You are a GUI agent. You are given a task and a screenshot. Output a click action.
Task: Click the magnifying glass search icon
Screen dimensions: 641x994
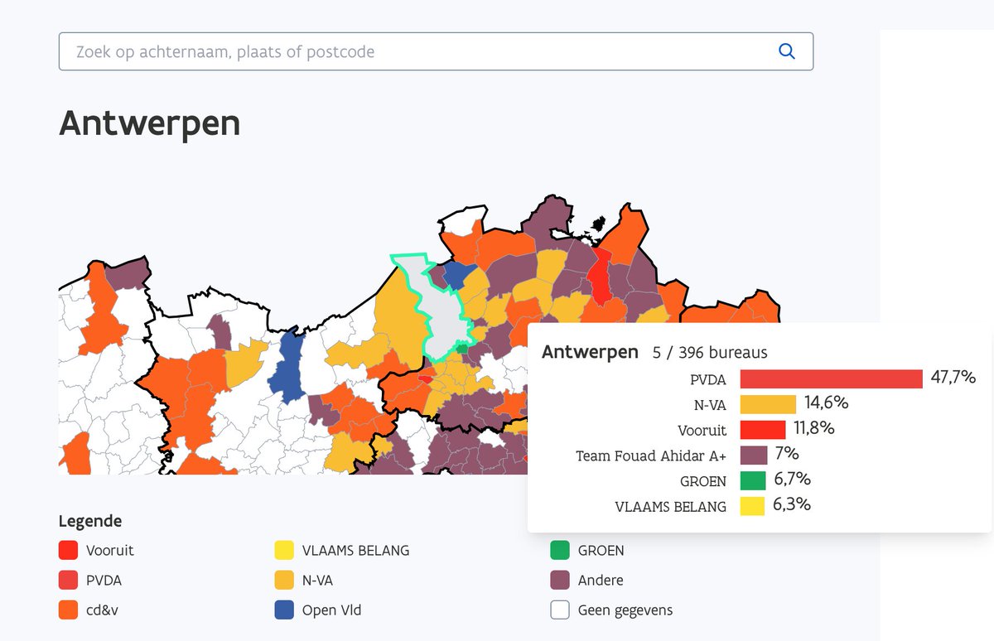coord(786,51)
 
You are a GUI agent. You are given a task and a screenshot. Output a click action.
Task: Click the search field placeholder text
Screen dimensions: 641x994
coord(224,51)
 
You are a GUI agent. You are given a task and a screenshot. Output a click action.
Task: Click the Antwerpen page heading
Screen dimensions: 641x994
coord(150,123)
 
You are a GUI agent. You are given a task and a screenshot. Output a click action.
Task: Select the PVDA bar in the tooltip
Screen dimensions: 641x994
coord(831,378)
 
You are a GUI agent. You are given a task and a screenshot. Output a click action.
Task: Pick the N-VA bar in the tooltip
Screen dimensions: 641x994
coord(768,404)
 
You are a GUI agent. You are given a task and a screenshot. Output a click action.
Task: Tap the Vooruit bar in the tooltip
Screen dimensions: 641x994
coord(762,430)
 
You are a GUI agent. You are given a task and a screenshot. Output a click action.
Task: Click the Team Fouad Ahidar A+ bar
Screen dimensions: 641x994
coord(754,455)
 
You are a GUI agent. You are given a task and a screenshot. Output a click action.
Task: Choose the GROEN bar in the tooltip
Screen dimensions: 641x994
coord(753,480)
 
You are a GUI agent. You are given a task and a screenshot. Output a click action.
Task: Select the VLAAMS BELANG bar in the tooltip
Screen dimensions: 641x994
coord(752,506)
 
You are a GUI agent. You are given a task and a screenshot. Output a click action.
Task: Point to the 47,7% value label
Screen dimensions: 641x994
coord(953,378)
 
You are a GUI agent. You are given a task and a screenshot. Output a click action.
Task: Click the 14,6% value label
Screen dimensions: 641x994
coord(826,403)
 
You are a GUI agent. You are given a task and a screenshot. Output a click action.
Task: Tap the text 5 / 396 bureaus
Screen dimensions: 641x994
coord(710,353)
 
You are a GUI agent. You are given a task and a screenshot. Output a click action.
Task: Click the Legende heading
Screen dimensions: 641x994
coord(89,521)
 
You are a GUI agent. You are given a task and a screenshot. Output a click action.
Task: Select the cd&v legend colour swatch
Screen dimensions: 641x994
coord(69,610)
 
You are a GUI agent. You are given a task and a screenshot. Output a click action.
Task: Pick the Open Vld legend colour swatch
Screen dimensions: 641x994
coord(284,610)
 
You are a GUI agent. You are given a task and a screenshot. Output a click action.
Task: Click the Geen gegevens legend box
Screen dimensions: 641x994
coord(560,610)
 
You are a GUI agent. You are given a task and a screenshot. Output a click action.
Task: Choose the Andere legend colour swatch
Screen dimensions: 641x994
coord(560,581)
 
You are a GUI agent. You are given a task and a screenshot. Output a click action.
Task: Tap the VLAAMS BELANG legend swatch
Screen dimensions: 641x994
coord(284,550)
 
